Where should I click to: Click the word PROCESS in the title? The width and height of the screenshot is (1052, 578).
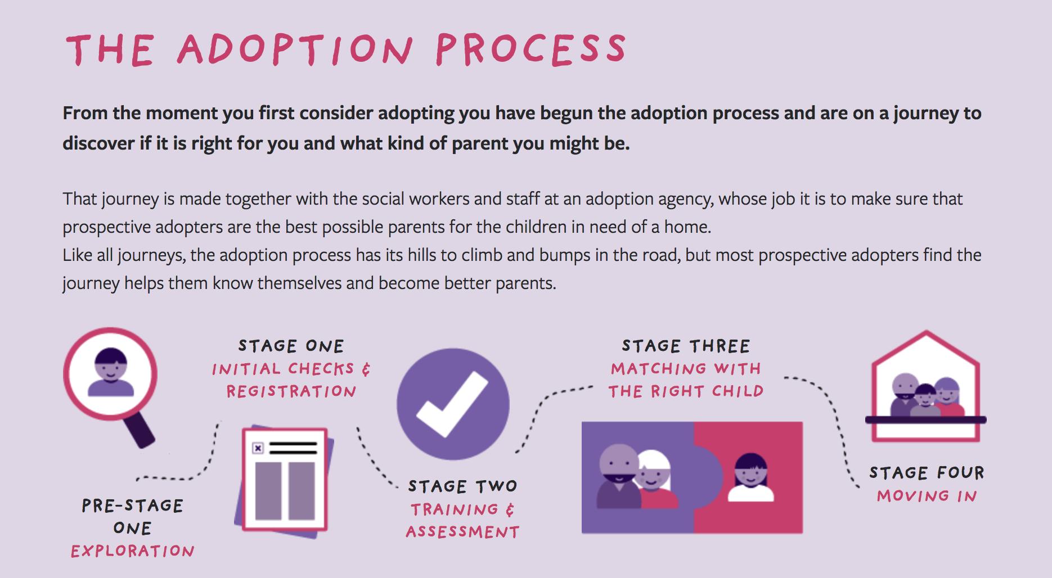click(x=531, y=49)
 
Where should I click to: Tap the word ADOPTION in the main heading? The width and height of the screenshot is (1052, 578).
click(x=295, y=49)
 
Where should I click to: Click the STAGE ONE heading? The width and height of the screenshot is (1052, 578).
click(x=291, y=346)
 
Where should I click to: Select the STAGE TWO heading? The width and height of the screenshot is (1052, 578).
click(x=462, y=486)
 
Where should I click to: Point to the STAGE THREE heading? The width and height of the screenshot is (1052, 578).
click(x=686, y=346)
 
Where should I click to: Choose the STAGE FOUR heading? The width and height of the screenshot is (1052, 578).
click(x=927, y=473)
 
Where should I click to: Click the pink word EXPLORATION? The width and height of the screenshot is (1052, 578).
click(x=133, y=551)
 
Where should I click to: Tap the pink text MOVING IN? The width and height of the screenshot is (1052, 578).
click(x=927, y=496)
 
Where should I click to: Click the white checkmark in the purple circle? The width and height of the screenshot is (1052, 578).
click(x=452, y=404)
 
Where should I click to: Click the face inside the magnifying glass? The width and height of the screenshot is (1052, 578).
click(x=111, y=373)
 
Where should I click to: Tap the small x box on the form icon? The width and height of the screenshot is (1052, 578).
click(x=258, y=448)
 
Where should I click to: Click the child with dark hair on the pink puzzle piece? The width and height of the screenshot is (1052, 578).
click(x=750, y=477)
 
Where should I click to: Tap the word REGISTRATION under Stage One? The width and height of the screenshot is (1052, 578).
click(x=291, y=391)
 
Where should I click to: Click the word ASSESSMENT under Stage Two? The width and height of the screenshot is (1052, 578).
click(x=462, y=532)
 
